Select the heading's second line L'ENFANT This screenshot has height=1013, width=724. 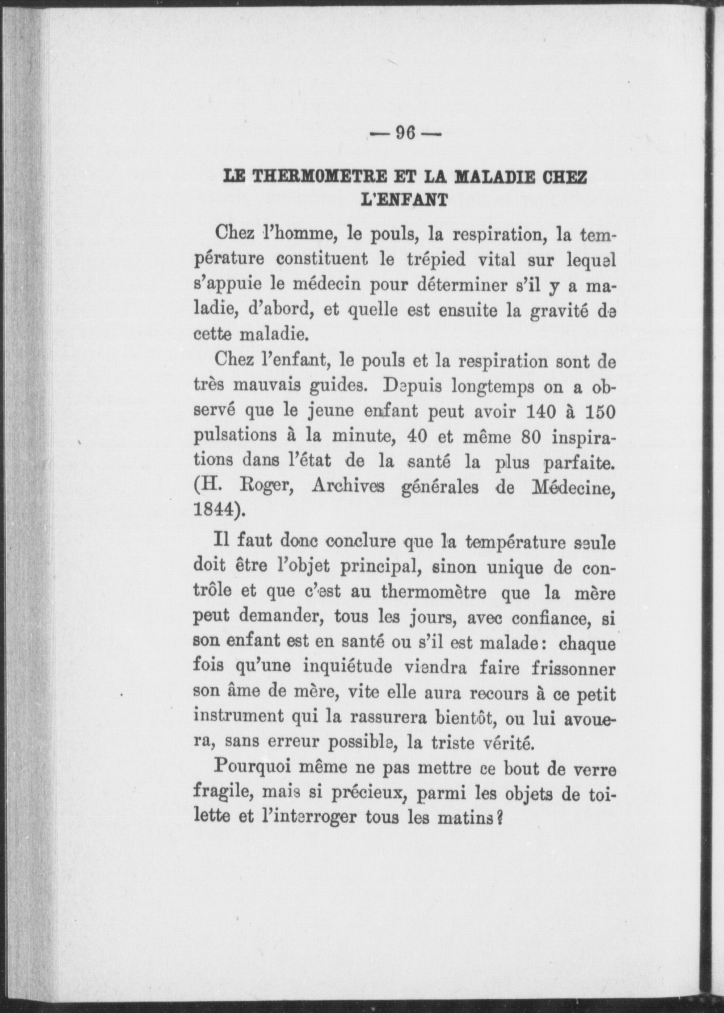(x=405, y=199)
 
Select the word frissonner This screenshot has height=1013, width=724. (x=573, y=669)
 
